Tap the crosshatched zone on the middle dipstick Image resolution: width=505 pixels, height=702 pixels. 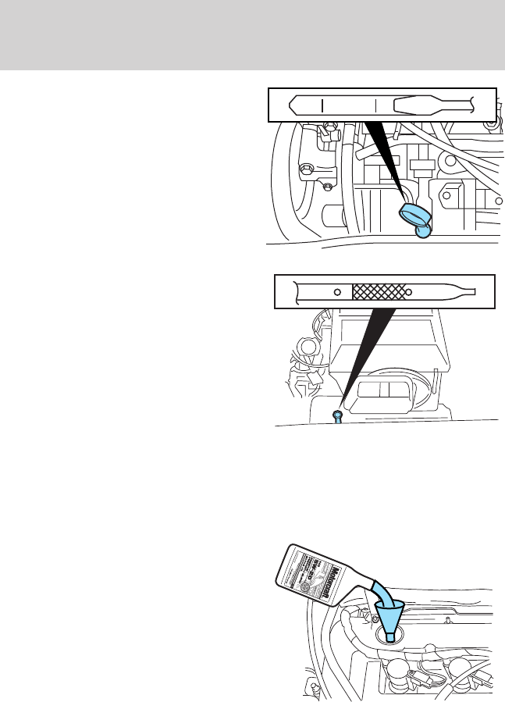tap(379, 292)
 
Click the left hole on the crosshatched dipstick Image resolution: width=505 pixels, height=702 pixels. tap(336, 292)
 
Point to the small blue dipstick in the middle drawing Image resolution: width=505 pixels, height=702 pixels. tap(336, 415)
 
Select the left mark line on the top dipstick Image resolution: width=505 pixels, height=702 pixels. tap(322, 104)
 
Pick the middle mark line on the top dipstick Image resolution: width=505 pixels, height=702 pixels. tap(375, 104)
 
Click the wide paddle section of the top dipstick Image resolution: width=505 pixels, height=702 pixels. tap(421, 104)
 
